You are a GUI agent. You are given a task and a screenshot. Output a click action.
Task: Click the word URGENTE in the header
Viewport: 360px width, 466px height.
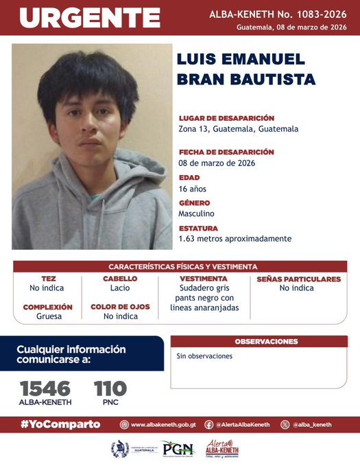[88, 18]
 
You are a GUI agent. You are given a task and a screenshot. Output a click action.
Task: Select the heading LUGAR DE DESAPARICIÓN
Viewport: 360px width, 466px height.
[226, 118]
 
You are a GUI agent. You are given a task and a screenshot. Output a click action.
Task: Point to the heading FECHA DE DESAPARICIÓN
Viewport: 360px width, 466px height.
[226, 152]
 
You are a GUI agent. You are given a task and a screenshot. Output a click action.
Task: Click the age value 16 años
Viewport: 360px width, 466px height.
[192, 189]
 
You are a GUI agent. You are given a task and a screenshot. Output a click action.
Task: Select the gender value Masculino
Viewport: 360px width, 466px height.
[196, 213]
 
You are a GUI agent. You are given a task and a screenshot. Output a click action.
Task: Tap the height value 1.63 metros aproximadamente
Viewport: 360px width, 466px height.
[235, 239]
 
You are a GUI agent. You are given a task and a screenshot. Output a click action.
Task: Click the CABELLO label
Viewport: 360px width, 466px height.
[120, 279]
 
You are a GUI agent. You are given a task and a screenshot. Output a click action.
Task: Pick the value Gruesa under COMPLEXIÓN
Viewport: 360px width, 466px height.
[48, 316]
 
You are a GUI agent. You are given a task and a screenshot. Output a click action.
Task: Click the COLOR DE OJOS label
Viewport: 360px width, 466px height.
[120, 307]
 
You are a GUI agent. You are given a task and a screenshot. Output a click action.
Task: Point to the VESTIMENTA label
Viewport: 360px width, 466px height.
[204, 279]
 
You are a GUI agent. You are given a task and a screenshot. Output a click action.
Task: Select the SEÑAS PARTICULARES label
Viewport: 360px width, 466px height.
[298, 279]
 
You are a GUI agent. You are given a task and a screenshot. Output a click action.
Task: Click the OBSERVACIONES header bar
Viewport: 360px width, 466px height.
[266, 341]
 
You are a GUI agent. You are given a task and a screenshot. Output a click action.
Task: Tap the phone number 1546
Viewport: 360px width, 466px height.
[45, 388]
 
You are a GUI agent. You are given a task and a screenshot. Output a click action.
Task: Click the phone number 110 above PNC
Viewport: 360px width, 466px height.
[110, 388]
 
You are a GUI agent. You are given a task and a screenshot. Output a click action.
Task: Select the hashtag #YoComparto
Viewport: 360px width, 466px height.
[60, 424]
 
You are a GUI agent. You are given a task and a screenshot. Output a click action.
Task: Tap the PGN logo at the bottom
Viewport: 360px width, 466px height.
[178, 450]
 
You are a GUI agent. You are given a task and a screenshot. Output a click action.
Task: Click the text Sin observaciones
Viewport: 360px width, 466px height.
[204, 356]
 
